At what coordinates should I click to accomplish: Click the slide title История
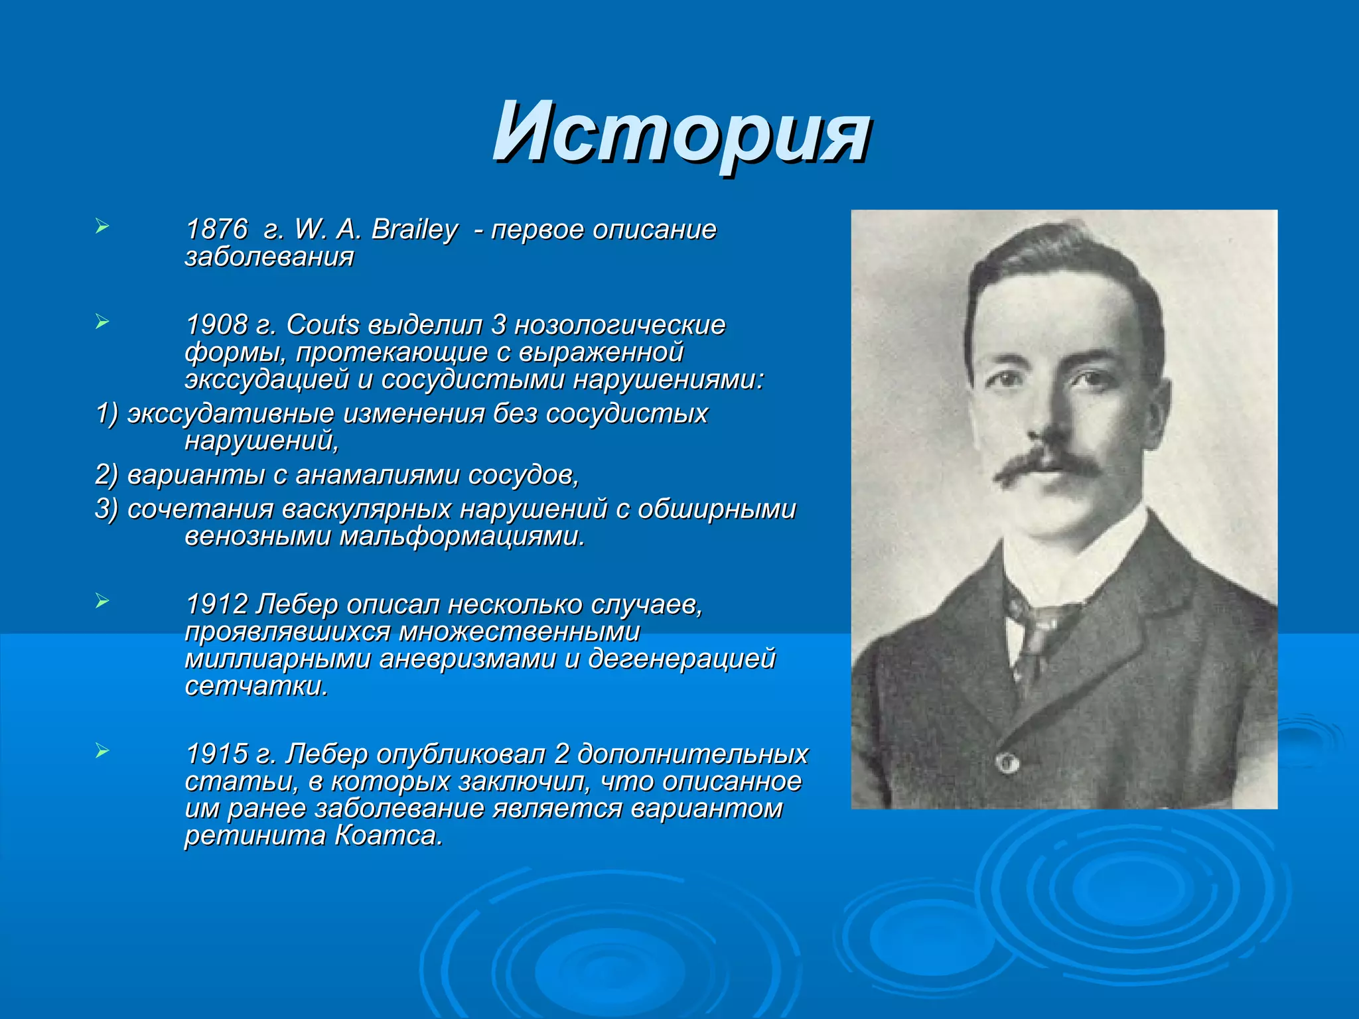(680, 132)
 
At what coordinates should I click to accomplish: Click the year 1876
(216, 230)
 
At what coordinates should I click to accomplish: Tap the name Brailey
(414, 230)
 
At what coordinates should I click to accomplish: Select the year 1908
(216, 325)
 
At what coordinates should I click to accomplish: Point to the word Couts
(322, 325)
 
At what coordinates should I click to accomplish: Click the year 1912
(216, 604)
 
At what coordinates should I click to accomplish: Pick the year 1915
(216, 754)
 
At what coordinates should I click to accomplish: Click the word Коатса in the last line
(388, 835)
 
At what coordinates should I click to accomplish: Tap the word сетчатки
(256, 686)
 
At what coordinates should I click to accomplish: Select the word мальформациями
(463, 536)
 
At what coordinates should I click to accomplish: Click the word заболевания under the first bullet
(269, 257)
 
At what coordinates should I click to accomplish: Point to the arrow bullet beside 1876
(102, 227)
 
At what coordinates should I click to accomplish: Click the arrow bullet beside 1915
(102, 752)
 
